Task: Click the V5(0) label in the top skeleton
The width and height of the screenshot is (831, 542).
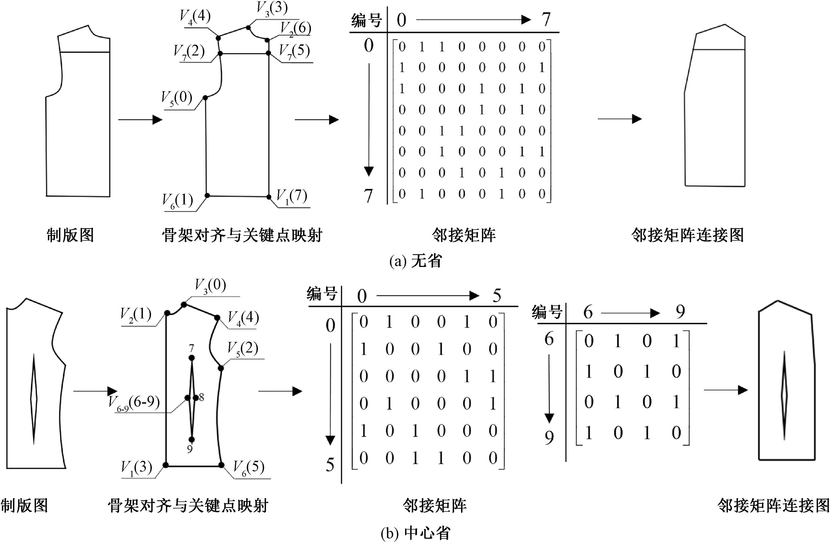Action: coord(177,98)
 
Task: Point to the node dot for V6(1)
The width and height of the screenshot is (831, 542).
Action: coord(207,195)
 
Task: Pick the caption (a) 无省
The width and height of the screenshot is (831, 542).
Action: coord(416,260)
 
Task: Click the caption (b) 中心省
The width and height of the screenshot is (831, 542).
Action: coord(416,533)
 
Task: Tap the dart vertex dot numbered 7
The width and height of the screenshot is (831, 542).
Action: coord(191,358)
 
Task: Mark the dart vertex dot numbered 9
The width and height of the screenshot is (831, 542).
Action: coord(191,439)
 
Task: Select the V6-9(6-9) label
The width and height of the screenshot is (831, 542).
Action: coord(134,403)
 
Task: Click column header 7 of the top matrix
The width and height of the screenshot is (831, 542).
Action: coord(546,19)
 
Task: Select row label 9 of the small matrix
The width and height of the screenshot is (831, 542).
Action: coord(549,437)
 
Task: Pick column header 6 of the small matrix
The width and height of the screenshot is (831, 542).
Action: coord(588,312)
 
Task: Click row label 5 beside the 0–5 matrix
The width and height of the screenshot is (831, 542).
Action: coord(330,465)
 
